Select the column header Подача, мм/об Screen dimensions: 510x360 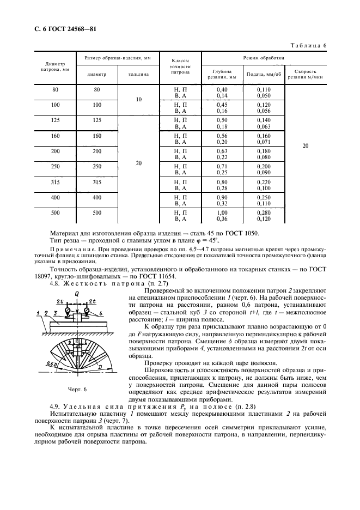264,74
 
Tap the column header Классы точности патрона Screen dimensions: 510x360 180,66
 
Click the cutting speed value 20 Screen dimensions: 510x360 305,146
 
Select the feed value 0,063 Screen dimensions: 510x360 264,126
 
